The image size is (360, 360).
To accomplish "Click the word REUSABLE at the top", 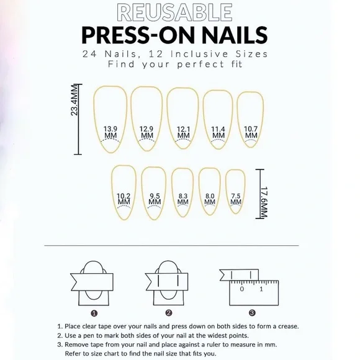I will (180, 12).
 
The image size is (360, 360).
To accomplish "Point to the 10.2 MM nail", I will (124, 192).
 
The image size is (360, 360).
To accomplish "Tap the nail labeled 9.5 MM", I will (155, 192).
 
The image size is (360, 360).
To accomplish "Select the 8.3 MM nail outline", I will (183, 193).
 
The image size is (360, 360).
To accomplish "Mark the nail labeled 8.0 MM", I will (210, 192).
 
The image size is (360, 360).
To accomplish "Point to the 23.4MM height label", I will (74, 101).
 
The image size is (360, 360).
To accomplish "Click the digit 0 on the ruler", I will (242, 289).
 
